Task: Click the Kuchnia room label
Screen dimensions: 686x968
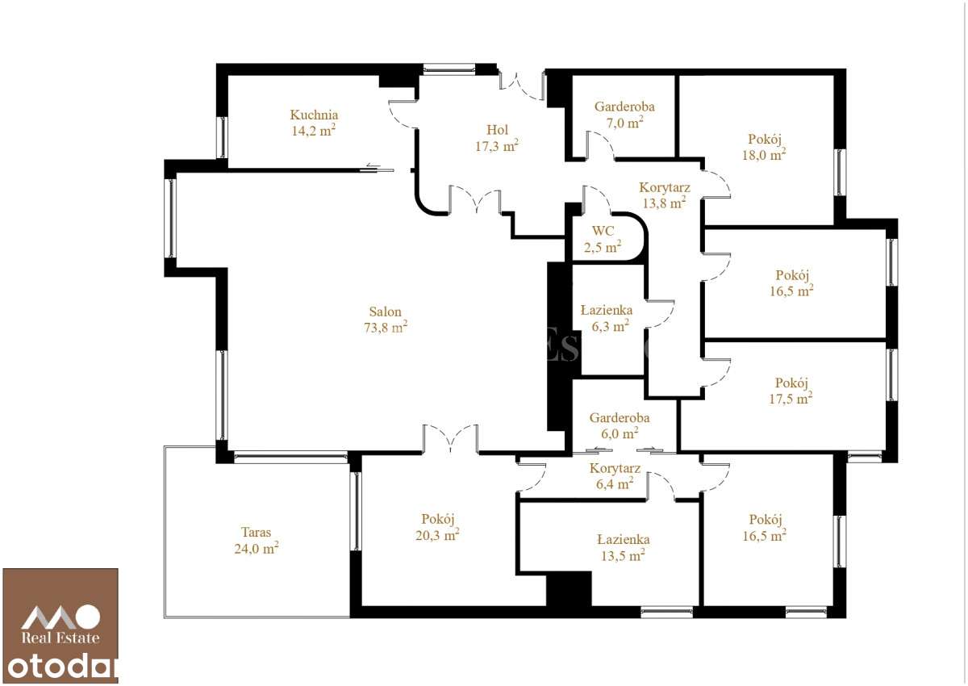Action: pos(314,115)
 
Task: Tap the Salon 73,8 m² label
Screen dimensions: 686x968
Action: pos(386,312)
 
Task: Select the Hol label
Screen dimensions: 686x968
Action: pos(497,130)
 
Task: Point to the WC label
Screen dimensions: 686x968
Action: pos(603,231)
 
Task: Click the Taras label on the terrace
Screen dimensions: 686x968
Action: pos(256,533)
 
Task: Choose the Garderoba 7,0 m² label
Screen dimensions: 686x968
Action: pos(624,107)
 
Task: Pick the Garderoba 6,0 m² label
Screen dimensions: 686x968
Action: pos(620,418)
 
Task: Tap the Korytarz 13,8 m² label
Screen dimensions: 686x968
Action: pos(665,187)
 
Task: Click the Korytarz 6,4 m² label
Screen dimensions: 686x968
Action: pos(615,468)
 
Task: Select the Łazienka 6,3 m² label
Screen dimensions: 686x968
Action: pos(607,310)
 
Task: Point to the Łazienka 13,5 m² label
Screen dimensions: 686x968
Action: pos(624,539)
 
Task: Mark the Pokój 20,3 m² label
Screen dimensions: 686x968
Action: pos(440,519)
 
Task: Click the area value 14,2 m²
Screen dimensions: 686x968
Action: pos(314,131)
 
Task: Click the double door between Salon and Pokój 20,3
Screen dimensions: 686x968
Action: pos(450,440)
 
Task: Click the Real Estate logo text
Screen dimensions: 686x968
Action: pos(60,638)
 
